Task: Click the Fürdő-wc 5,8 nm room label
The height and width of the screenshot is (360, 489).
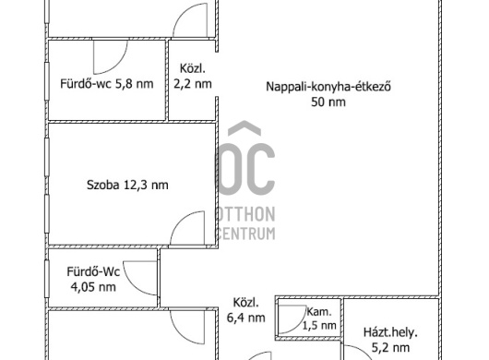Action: click(107, 84)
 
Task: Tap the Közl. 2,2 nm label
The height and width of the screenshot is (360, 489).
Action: click(193, 76)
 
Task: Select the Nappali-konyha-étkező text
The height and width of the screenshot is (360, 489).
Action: click(328, 87)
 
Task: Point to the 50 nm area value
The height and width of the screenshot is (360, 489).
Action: click(328, 102)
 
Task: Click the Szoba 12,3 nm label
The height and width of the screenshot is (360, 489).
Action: click(127, 185)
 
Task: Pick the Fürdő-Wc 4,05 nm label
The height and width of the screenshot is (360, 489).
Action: click(93, 279)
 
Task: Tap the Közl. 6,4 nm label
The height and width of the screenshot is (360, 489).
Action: click(246, 310)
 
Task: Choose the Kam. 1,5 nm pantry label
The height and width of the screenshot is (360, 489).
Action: click(319, 318)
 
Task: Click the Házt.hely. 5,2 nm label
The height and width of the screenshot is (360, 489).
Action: click(390, 340)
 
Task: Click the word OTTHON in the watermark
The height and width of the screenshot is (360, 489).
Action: click(246, 214)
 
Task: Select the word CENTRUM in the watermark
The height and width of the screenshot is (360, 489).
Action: click(245, 234)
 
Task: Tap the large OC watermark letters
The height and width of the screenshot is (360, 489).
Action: click(245, 169)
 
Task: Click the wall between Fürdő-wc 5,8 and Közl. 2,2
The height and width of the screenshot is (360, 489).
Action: click(167, 80)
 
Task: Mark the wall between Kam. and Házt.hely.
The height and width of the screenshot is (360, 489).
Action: click(342, 318)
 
